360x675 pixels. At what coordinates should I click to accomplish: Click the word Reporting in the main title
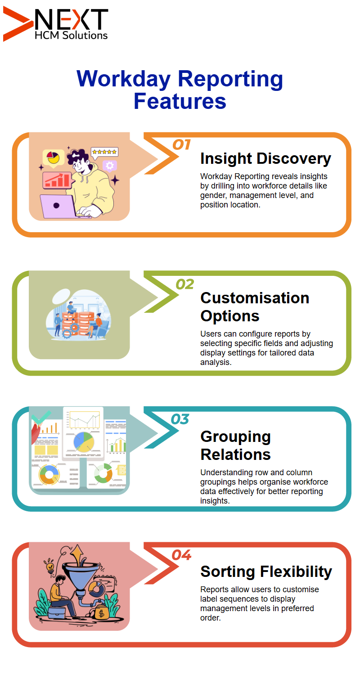(x=230, y=79)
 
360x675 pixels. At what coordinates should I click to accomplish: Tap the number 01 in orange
(x=181, y=145)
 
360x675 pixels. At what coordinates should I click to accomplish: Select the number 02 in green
(x=184, y=284)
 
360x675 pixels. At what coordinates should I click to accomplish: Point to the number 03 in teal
(x=180, y=419)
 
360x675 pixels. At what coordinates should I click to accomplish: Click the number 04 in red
(x=181, y=555)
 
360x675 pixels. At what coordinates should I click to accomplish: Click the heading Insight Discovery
(x=265, y=159)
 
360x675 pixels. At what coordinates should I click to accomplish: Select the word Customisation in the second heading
(x=255, y=298)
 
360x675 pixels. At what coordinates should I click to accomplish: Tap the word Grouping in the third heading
(x=236, y=437)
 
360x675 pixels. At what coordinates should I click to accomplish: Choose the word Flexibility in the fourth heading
(x=296, y=571)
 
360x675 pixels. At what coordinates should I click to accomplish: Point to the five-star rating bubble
(x=104, y=152)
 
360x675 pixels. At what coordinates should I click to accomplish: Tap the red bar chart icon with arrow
(x=57, y=180)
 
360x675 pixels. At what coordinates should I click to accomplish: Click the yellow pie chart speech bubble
(x=53, y=157)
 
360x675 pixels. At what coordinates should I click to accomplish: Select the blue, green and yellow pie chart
(x=84, y=442)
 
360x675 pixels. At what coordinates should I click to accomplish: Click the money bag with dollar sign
(x=101, y=612)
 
